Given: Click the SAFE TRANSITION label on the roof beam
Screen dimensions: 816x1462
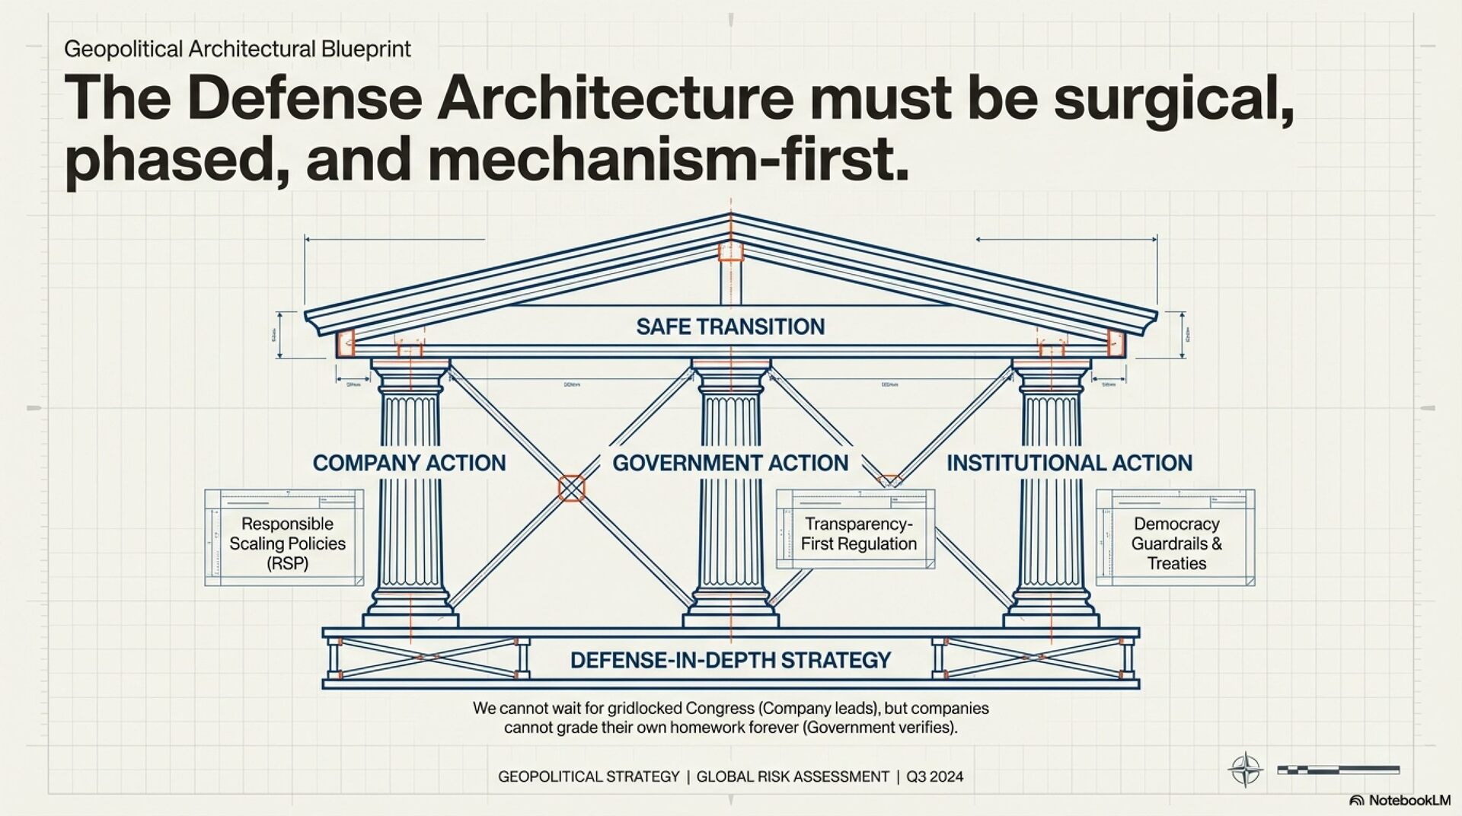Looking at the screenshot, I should tap(730, 327).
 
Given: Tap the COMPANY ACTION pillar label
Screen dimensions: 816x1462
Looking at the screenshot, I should tap(409, 463).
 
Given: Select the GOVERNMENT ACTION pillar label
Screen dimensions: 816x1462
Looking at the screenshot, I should tap(730, 463).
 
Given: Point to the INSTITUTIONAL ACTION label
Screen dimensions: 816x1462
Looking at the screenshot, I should tap(1069, 463).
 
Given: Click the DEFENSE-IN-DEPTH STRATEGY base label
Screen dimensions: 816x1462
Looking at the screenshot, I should tap(730, 660).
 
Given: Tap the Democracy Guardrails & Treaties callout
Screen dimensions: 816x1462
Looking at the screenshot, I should tap(1176, 538).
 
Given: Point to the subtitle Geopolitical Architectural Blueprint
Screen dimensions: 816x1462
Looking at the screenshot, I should tap(238, 49).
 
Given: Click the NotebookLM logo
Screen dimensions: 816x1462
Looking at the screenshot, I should tap(1400, 800).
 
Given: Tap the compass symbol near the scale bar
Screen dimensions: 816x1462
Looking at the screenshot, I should tap(1245, 770).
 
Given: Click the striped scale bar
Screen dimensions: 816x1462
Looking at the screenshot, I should tap(1338, 770).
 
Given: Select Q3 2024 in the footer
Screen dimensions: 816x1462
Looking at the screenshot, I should tap(934, 777).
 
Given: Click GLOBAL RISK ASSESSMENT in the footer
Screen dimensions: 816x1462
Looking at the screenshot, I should tap(793, 777).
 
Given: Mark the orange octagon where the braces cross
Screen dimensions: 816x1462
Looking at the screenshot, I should tap(571, 487).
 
